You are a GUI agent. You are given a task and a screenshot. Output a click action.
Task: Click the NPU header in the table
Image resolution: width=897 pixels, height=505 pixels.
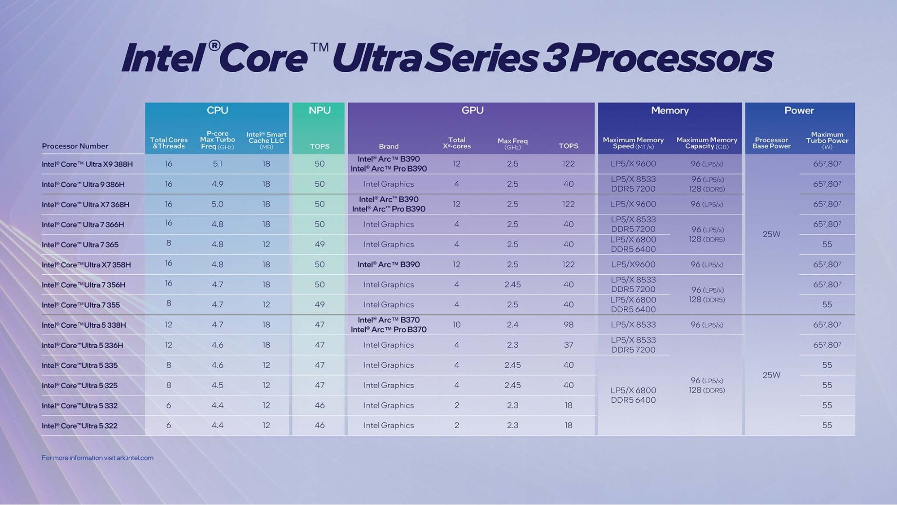point(319,110)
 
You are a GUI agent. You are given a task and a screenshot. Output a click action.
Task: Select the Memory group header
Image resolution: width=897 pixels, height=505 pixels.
point(669,110)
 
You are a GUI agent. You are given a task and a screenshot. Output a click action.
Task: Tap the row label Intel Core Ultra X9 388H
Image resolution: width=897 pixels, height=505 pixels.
point(87,164)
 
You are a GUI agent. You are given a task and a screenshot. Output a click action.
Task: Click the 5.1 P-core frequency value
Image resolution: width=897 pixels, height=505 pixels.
point(218,164)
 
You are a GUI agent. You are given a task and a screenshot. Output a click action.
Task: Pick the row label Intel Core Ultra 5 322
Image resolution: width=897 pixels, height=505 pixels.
point(79,426)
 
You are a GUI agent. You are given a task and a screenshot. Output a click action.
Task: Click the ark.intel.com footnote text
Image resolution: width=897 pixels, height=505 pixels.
point(97,458)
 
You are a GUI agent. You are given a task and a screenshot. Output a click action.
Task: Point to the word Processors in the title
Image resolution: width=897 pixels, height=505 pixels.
point(672,58)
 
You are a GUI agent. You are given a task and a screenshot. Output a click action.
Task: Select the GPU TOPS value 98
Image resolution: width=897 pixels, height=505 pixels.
point(569,325)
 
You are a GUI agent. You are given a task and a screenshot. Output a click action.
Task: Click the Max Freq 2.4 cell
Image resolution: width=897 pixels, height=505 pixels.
point(512,325)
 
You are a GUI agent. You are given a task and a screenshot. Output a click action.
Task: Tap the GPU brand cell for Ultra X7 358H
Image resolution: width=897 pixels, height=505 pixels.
point(389,264)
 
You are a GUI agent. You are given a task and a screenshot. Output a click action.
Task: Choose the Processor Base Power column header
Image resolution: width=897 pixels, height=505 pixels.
point(771,143)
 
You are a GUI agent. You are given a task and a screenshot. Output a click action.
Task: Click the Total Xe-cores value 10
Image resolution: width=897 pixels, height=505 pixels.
point(456,325)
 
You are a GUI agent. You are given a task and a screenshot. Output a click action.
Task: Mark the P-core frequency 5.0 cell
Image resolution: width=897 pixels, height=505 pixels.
point(218,204)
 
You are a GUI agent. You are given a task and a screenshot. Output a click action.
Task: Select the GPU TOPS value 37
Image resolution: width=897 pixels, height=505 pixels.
point(569,345)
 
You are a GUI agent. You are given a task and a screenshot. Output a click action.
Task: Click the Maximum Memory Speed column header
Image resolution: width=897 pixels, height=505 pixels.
point(633,143)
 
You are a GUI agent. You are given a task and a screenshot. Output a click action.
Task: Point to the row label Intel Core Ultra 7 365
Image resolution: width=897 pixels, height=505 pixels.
point(80,245)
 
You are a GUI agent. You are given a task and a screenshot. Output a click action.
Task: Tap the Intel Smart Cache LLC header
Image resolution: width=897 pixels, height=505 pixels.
point(266,141)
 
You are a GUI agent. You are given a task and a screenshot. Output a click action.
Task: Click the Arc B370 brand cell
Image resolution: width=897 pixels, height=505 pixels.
point(389,325)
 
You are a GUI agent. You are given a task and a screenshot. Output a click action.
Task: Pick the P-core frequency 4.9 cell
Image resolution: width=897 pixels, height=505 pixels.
point(218,184)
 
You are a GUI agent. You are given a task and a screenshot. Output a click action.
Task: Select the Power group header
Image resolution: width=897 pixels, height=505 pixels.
point(799,110)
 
